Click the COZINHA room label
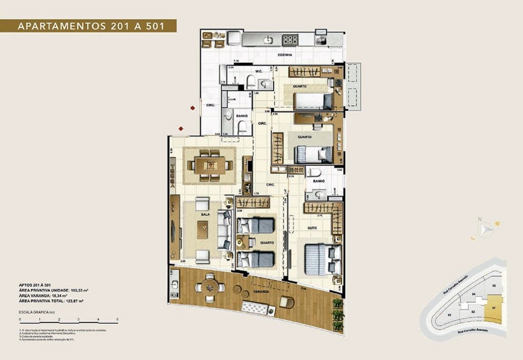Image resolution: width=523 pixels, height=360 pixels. (285, 54)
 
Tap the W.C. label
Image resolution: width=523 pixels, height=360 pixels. (245, 71)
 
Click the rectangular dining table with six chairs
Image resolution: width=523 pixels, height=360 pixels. (210, 164)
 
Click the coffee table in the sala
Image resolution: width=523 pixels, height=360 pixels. (202, 229)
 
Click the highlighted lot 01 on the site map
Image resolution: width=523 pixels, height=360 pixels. (493, 308)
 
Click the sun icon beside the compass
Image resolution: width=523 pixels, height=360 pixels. (497, 224)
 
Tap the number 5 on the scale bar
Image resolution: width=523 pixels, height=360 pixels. (117, 319)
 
